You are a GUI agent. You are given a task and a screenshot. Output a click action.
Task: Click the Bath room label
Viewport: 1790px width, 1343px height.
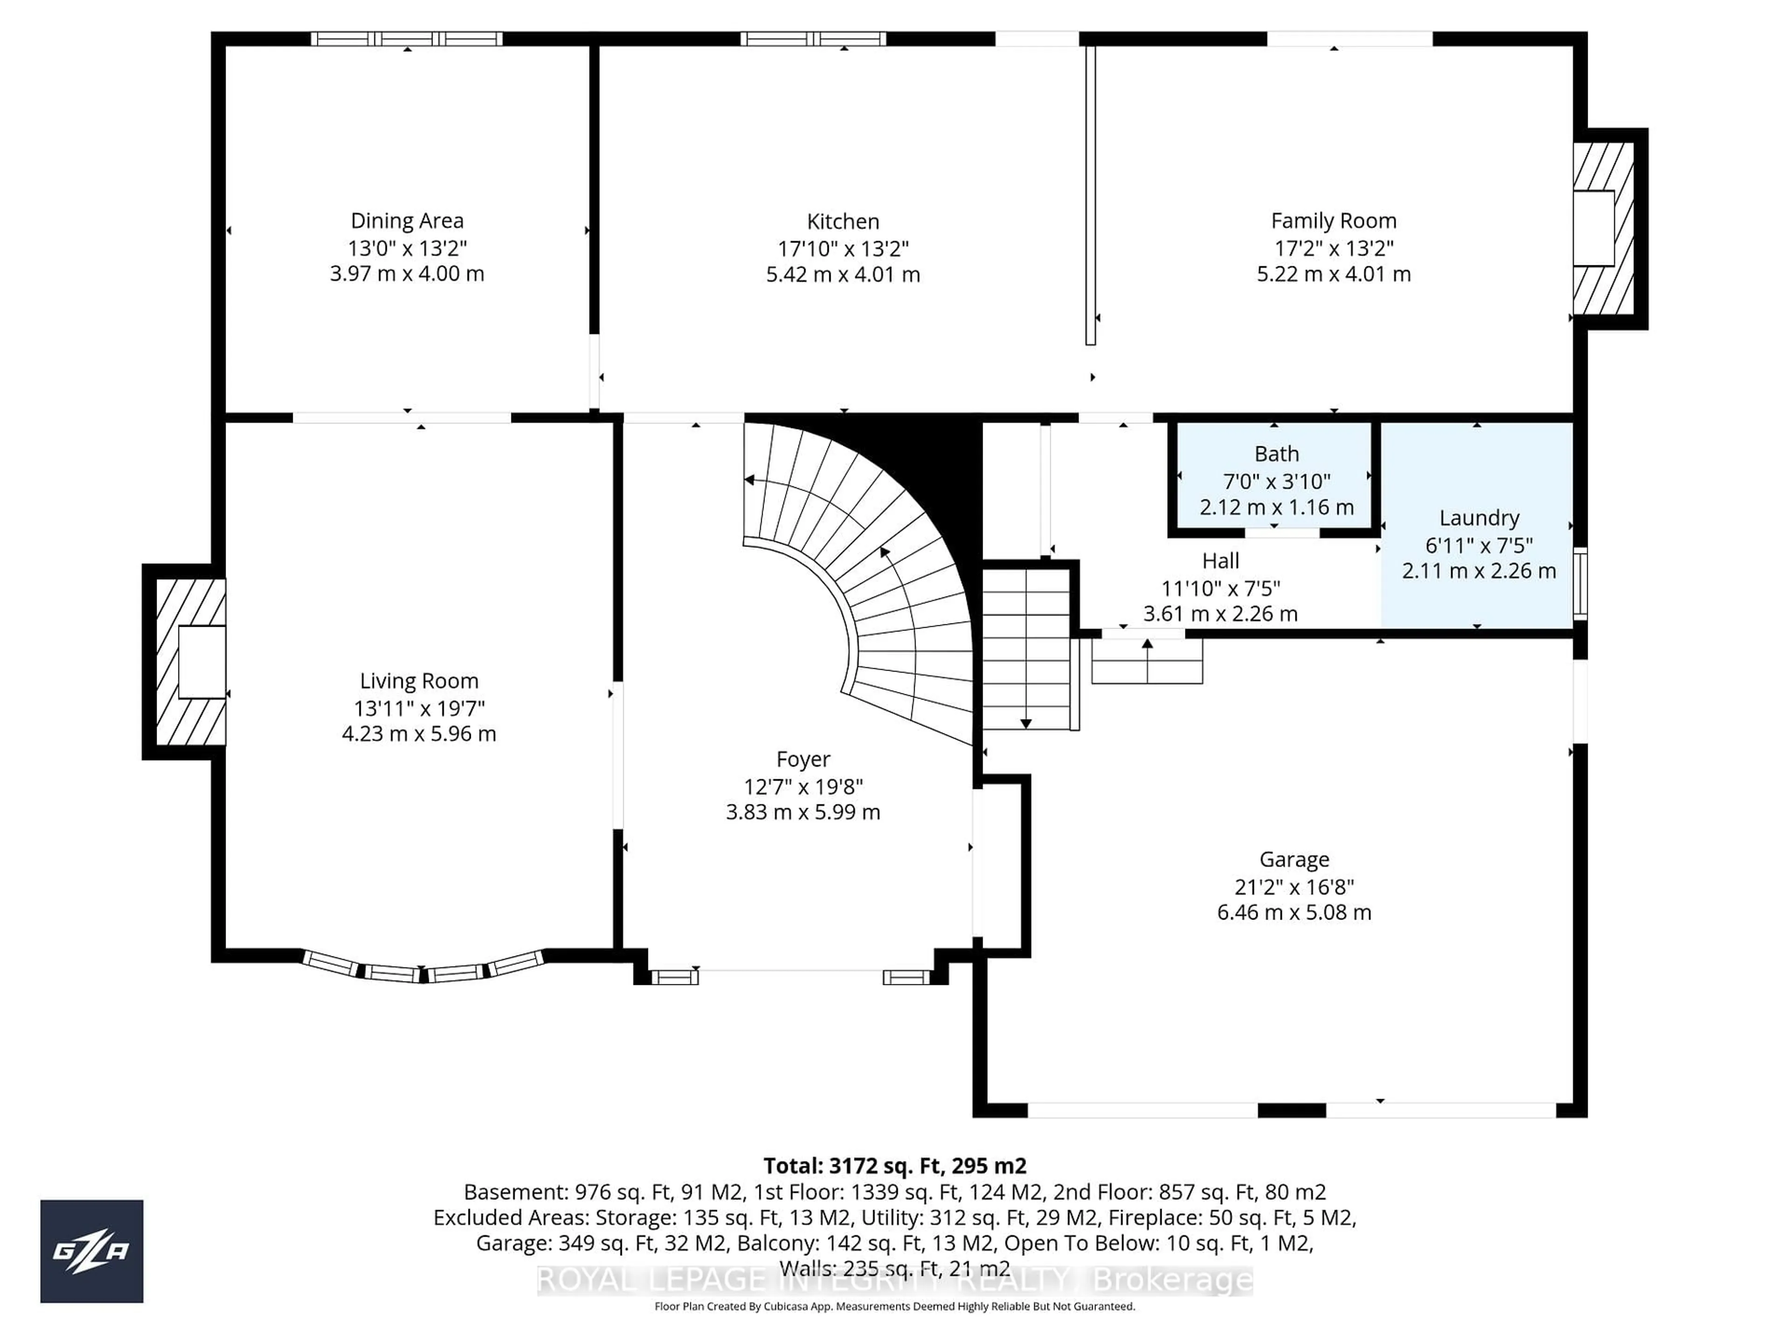point(1276,454)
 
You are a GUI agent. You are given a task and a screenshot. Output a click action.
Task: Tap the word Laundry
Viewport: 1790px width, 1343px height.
point(1479,518)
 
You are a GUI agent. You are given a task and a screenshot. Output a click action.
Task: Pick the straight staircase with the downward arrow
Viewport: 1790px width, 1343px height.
point(1026,648)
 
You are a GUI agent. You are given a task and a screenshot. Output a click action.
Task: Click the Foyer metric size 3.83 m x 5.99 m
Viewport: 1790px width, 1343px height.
point(803,812)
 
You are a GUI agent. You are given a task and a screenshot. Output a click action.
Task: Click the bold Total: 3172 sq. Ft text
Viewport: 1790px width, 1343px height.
point(894,1166)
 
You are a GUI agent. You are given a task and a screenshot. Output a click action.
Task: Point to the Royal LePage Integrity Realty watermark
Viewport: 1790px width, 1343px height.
point(894,1281)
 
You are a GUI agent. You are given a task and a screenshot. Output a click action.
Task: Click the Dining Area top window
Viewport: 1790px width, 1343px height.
point(407,39)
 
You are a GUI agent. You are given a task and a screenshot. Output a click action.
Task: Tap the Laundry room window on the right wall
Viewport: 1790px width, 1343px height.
point(1580,584)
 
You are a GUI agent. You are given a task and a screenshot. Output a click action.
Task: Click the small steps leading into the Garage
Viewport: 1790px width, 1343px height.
point(1147,661)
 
